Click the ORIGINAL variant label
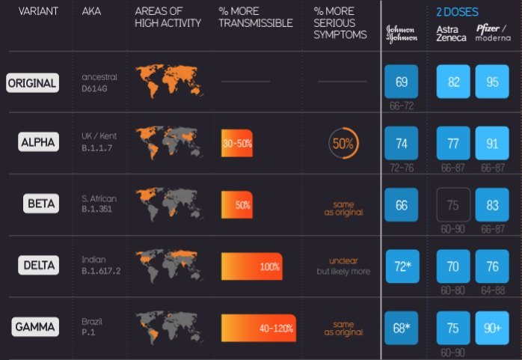[x=32, y=83]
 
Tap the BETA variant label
[x=41, y=203]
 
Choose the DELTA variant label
[x=38, y=265]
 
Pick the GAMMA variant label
[x=36, y=327]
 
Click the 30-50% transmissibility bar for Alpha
[x=236, y=142]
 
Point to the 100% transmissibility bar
[x=252, y=266]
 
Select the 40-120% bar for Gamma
[x=258, y=327]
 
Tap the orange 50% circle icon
[x=343, y=144]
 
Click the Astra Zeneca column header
[x=451, y=33]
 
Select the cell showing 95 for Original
[x=492, y=82]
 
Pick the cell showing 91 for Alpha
[x=492, y=144]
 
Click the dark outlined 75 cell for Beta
[x=453, y=205]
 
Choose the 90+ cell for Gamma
[x=492, y=328]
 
